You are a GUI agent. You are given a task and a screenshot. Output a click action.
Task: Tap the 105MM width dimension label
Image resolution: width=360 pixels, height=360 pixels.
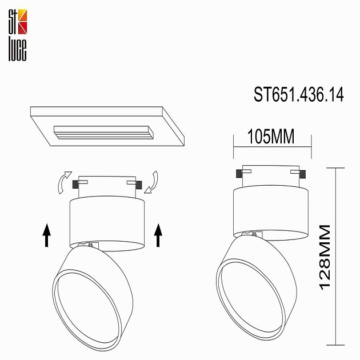(x=271, y=137)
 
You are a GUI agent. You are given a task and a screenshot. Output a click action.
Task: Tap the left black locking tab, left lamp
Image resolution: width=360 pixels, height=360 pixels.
(x=75, y=183)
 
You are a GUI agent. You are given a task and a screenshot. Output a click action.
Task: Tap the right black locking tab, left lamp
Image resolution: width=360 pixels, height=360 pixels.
(x=139, y=183)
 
